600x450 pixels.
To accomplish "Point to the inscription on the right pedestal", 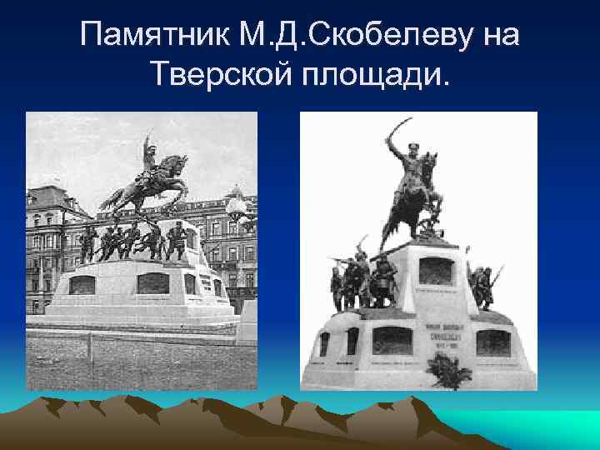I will (x=438, y=333).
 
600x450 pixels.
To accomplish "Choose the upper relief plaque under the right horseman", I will (x=435, y=271).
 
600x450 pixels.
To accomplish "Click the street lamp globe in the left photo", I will (x=235, y=202).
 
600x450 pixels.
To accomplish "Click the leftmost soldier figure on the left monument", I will (x=85, y=242).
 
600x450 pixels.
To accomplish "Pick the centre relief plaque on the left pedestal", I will (x=152, y=283).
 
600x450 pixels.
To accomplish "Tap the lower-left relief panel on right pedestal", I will (x=391, y=340).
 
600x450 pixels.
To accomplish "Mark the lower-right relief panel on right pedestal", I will (x=492, y=342).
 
